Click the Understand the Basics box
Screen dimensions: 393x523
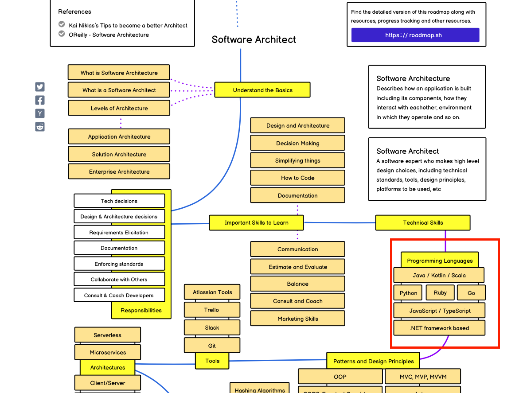262,90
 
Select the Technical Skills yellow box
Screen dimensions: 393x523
422,223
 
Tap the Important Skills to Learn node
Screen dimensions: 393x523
256,223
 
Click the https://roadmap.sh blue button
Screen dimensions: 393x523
415,35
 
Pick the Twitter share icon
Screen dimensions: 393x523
40,87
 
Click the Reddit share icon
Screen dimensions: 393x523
40,127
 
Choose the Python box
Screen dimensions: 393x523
408,293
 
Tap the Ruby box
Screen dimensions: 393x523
440,292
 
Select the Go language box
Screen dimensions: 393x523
471,293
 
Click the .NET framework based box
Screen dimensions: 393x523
439,328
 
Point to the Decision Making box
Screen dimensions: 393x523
297,143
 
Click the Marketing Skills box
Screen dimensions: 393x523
297,319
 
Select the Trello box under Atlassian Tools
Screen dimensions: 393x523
212,310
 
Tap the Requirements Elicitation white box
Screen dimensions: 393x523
119,232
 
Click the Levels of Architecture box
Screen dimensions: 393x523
119,108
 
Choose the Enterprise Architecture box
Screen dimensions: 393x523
119,171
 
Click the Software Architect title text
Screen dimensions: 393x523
254,39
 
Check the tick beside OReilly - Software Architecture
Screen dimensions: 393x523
62,34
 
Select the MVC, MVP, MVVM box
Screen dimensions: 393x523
423,377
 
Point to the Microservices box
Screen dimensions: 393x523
108,352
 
